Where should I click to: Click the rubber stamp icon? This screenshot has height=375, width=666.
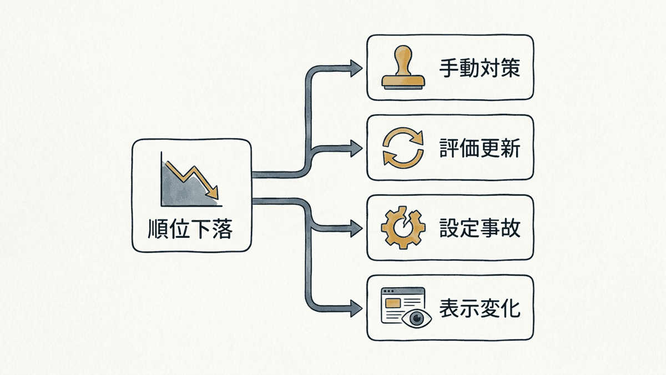403,67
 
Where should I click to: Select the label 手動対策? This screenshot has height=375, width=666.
480,68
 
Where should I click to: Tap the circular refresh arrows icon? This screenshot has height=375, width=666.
403,148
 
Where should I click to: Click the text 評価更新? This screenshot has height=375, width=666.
480,148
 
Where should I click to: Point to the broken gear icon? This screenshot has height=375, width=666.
403,228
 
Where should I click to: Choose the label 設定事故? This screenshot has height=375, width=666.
480,228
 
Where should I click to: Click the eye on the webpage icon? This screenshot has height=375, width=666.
417,318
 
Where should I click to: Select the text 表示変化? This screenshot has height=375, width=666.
480,308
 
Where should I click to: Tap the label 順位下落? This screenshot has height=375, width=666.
190,229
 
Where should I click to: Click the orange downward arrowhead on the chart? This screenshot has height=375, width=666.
213,193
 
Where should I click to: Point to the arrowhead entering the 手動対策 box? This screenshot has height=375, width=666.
356,68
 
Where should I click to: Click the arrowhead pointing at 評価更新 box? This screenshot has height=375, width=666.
356,148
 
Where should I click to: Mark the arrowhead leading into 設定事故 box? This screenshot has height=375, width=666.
356,228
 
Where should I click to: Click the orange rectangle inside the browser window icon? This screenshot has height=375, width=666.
392,303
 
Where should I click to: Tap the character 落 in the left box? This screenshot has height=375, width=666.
223,229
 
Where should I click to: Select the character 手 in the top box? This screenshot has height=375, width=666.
449,68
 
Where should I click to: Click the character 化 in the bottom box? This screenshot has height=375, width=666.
510,308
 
